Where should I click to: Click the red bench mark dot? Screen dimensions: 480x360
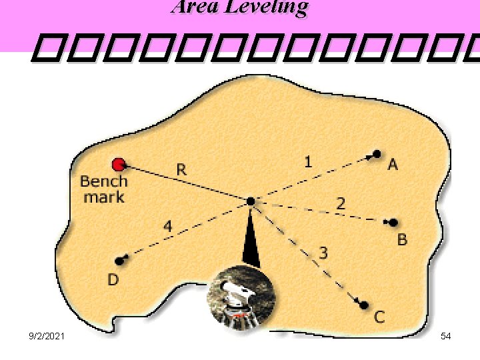tap(119, 164)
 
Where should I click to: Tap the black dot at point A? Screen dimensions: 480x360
tap(377, 154)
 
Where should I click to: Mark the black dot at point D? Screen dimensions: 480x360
tap(120, 261)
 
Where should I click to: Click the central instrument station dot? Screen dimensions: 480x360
tap(250, 201)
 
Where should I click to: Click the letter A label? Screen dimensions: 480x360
tap(393, 164)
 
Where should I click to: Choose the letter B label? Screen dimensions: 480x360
tap(402, 239)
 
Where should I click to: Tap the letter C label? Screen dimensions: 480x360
tap(379, 317)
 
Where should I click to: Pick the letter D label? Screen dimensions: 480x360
tap(113, 280)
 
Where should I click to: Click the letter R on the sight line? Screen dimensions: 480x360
tap(181, 170)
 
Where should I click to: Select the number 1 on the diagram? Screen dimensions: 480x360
tap(307, 161)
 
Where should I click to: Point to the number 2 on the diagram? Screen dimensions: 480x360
tap(340, 203)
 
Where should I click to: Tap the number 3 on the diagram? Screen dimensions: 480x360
tap(323, 253)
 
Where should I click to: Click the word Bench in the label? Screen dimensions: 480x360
tap(103, 181)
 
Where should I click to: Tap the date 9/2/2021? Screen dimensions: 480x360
tap(46, 337)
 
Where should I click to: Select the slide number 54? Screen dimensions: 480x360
tap(446, 337)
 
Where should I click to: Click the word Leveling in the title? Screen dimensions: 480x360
tap(276, 7)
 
